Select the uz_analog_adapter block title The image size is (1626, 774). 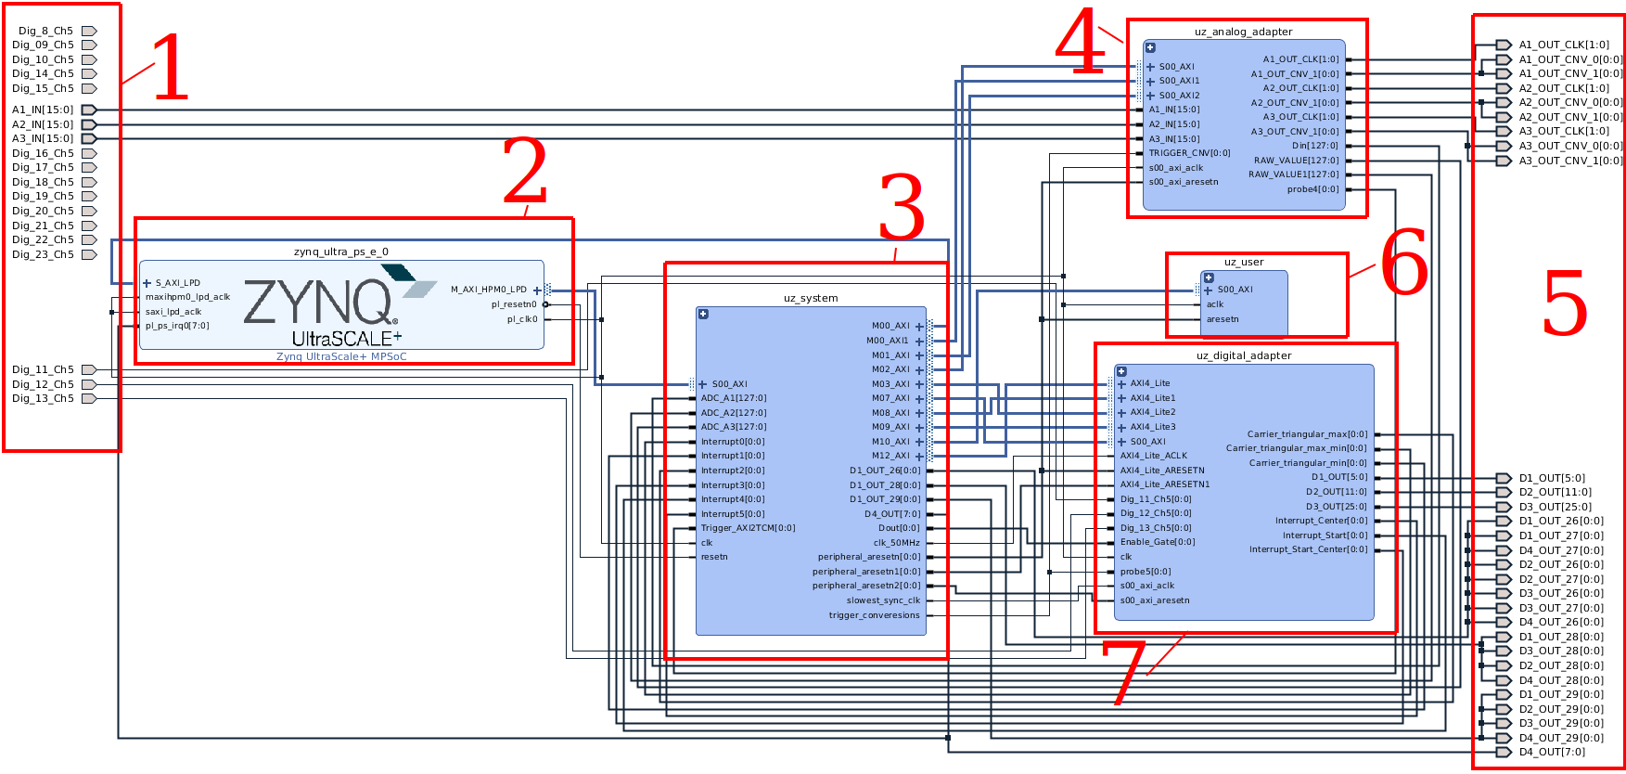point(1243,32)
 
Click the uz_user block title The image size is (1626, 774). point(1243,262)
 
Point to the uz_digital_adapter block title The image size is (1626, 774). point(1243,355)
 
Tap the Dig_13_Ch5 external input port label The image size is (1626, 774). point(43,398)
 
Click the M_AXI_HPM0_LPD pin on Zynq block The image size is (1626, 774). point(489,290)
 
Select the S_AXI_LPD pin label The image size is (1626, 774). point(177,283)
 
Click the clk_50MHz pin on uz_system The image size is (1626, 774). point(896,543)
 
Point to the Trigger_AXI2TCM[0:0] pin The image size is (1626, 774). point(748,528)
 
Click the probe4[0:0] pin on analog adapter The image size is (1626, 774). point(1312,189)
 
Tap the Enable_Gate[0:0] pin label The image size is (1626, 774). point(1157,542)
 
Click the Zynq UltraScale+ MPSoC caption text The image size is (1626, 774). point(341,356)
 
